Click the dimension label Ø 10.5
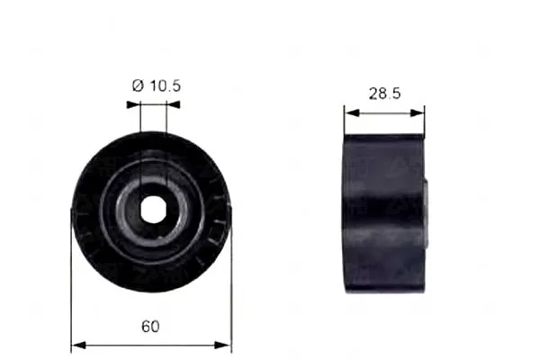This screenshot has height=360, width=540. click(157, 85)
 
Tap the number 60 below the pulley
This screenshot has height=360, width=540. click(150, 326)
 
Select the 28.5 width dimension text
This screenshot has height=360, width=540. click(385, 94)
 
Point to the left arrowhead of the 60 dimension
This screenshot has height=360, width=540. click(78, 345)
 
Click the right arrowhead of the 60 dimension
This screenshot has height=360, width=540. click(224, 345)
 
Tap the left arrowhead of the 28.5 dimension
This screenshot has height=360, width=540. click(352, 112)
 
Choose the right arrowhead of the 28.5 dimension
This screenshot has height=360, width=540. click(417, 112)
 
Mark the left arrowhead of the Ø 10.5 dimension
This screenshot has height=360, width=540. click(133, 104)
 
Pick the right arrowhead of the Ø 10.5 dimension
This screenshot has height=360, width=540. click(173, 104)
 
